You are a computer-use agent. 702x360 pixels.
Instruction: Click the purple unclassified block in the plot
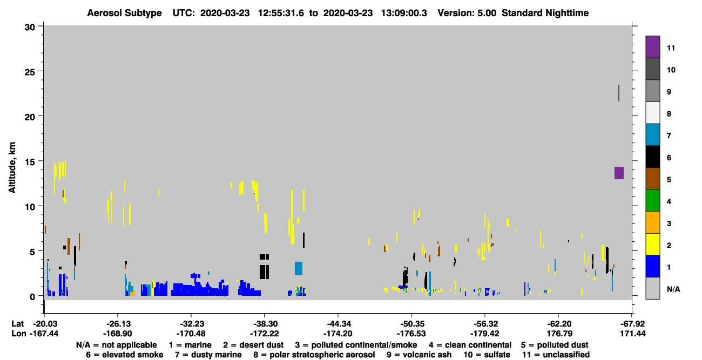pos(619,173)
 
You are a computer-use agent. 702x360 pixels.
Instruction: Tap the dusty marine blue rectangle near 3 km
pos(298,268)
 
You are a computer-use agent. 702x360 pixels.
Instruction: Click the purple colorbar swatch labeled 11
pos(652,47)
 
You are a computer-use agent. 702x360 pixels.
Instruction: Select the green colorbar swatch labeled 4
pos(652,201)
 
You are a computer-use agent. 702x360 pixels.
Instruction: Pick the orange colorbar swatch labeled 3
pos(652,222)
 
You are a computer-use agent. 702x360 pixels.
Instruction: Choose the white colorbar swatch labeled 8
pos(652,113)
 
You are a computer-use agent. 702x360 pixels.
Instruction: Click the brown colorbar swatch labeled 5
pos(652,179)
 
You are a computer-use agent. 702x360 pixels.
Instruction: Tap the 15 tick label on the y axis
pos(30,162)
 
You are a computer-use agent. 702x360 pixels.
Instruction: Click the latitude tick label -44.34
pos(339,324)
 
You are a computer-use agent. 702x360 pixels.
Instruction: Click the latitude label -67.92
pos(632,324)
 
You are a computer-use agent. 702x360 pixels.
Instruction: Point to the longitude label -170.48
pos(191,334)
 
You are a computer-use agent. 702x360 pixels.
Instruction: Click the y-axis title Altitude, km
pos(12,167)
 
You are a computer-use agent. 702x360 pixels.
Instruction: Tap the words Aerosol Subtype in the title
pos(124,13)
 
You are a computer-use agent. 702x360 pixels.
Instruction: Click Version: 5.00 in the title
pos(467,13)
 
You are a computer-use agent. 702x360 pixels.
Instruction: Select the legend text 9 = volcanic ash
pos(419,355)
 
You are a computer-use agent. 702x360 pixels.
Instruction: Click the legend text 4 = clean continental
pos(470,345)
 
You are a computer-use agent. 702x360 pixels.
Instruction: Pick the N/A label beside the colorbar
pos(673,289)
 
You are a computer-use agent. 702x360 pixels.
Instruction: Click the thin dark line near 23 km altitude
pos(619,93)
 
